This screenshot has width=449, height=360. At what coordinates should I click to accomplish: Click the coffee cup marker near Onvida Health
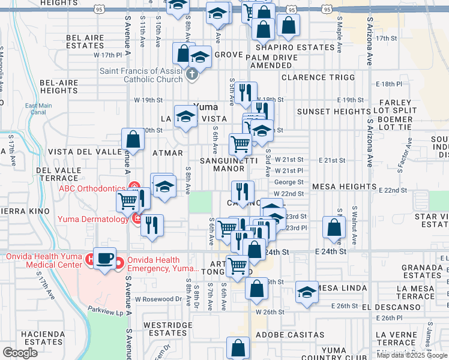(106, 259)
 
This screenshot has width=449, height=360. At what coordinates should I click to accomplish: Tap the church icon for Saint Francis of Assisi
(192, 75)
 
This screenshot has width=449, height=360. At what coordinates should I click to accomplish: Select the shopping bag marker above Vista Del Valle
(133, 139)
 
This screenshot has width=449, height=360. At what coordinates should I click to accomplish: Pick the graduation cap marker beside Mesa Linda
(307, 292)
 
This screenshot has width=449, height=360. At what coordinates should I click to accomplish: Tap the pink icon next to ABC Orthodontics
(134, 187)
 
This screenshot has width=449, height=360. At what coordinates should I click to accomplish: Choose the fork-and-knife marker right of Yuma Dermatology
(152, 226)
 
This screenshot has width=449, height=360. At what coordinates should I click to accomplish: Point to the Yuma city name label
(206, 107)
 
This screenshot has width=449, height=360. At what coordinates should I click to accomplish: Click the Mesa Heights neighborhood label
(343, 187)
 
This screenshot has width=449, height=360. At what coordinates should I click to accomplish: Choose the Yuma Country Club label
(334, 354)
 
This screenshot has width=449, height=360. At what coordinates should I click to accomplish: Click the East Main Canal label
(35, 109)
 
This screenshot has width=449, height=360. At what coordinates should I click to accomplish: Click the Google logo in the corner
(19, 353)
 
